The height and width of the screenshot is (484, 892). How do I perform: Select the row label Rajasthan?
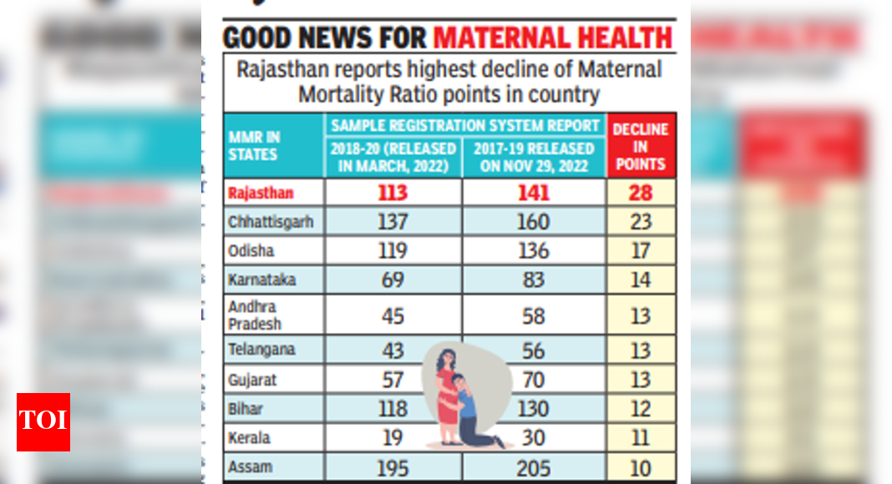point(261,194)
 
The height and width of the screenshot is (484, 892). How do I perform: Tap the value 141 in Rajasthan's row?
point(533,194)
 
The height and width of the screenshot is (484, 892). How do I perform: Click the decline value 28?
point(641,194)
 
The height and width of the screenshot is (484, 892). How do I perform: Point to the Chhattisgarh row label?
point(271,222)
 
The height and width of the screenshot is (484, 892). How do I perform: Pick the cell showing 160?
point(533,222)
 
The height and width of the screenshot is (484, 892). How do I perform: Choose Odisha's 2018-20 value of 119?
point(392,250)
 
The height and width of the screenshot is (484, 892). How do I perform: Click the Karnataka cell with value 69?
point(392,280)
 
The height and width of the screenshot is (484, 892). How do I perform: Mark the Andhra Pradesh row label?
point(255,315)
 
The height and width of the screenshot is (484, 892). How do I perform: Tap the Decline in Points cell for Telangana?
point(641,350)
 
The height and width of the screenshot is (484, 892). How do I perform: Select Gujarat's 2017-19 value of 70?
point(533,380)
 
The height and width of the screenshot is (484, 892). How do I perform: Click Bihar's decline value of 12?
point(641,409)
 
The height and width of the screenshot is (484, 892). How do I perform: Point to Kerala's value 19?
point(392,437)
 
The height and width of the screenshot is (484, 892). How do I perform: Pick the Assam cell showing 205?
point(533,467)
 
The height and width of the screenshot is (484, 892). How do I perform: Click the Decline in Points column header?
point(641,146)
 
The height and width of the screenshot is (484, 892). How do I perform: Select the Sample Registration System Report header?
point(465,125)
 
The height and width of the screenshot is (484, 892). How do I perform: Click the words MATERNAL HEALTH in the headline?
point(553,38)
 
